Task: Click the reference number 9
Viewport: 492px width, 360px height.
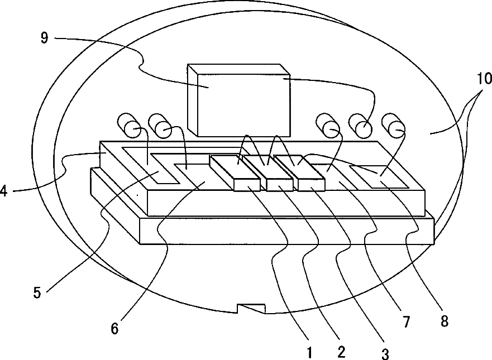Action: coord(45,38)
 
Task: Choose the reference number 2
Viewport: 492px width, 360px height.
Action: coord(341,352)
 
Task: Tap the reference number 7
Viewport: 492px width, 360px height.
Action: coord(406,321)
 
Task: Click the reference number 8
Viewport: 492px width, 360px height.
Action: coord(444,321)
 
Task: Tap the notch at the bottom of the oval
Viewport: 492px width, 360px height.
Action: coord(251,308)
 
